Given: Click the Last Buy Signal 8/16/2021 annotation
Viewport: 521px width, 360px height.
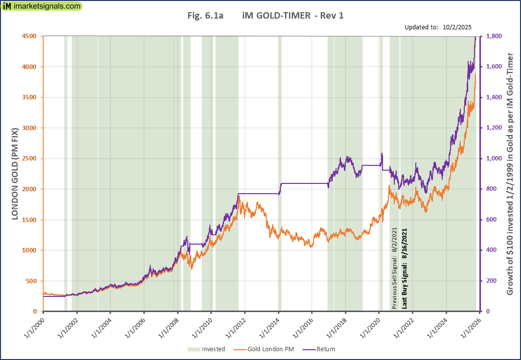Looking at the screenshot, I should click(x=405, y=268).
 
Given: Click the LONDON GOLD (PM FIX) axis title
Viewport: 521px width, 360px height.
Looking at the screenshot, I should click(x=15, y=174).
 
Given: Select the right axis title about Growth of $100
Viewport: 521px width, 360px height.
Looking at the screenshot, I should click(x=510, y=174).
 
